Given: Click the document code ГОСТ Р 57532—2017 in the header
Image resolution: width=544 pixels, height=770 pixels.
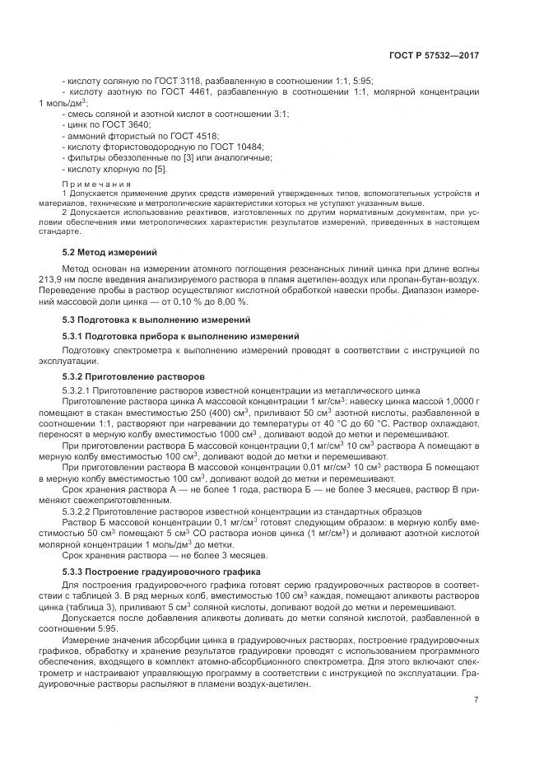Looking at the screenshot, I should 434,55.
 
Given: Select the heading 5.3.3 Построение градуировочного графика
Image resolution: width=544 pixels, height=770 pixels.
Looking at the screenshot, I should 161,571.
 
